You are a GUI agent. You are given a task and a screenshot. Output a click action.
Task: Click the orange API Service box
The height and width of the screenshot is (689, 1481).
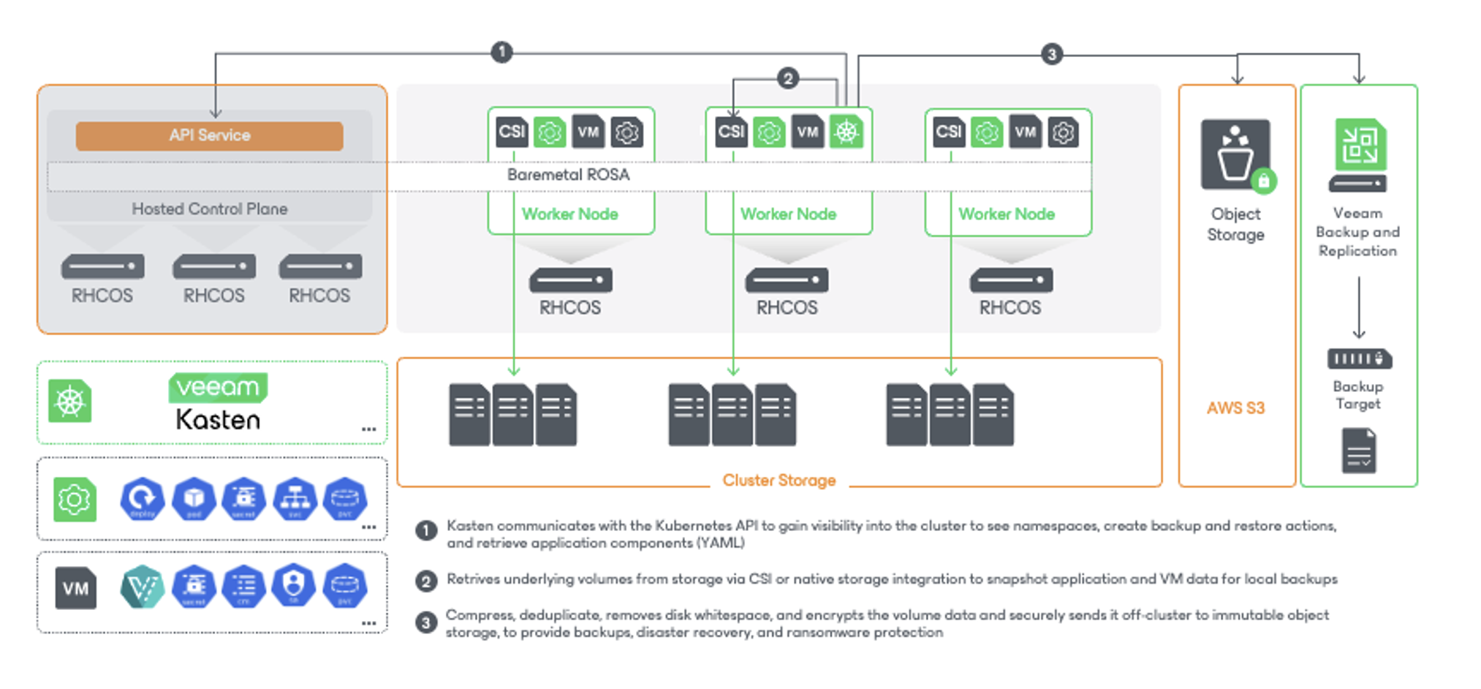(209, 136)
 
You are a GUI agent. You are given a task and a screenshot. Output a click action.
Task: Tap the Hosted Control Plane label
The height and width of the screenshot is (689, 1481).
(209, 209)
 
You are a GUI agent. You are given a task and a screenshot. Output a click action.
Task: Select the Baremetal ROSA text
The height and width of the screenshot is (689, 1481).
(568, 175)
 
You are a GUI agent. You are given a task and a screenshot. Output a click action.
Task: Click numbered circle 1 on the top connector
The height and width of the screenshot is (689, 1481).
(501, 52)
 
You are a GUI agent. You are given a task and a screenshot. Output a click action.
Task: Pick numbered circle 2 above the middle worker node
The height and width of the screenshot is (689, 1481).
(787, 78)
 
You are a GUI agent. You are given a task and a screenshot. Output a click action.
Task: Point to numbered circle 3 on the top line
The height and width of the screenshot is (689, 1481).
(1051, 54)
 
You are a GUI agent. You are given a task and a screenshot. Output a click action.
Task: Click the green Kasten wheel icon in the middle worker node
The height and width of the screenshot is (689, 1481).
(846, 132)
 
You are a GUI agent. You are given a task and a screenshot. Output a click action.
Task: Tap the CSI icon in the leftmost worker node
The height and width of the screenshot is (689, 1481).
(512, 132)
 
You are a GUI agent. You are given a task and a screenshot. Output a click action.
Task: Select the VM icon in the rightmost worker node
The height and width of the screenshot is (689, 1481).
(1025, 132)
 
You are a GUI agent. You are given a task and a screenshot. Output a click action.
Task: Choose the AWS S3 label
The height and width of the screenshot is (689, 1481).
(1235, 408)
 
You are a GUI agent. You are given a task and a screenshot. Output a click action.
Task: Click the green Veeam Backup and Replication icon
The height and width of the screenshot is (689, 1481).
(1359, 146)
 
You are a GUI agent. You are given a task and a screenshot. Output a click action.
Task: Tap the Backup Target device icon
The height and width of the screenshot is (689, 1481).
(1359, 359)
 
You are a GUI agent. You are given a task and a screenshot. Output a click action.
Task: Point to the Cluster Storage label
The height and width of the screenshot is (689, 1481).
(779, 481)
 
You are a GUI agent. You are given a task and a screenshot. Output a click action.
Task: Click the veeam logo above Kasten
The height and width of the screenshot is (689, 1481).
(218, 387)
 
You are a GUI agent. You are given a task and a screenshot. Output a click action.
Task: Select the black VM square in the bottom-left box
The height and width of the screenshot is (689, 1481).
(75, 589)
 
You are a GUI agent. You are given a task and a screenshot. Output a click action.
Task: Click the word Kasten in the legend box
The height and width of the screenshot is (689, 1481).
(218, 420)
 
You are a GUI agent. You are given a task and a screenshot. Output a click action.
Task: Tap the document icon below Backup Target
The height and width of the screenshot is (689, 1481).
(1359, 451)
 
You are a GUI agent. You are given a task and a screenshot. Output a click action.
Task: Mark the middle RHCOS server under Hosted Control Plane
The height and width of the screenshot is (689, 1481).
(213, 266)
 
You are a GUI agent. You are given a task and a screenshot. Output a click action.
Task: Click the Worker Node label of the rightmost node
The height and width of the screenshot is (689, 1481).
(1007, 214)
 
